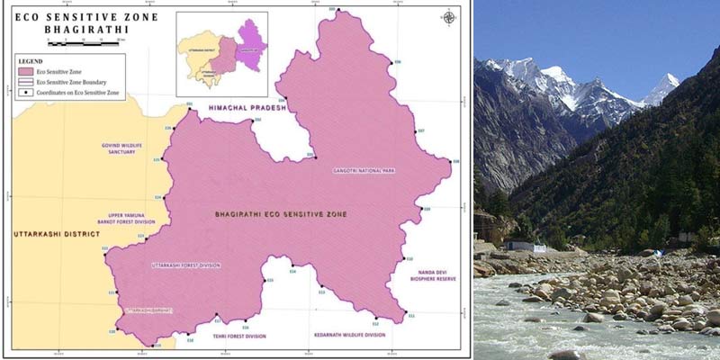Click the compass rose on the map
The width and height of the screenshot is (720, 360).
point(448,18)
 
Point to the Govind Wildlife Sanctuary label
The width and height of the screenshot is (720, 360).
point(126,148)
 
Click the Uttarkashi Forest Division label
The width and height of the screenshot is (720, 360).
point(186,265)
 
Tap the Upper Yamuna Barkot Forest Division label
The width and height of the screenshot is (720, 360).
point(126,217)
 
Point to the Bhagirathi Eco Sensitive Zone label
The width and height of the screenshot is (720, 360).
point(281,214)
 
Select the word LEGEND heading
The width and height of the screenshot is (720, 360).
point(31,59)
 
